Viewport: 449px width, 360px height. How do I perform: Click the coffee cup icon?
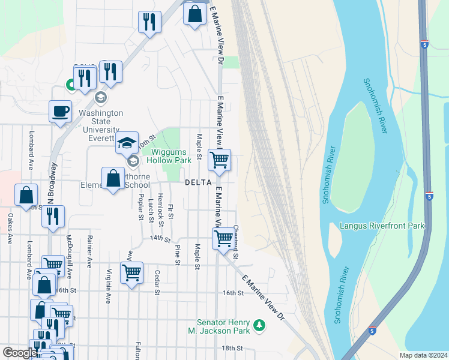click(x=60, y=112)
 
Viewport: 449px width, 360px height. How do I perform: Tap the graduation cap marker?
click(x=127, y=143)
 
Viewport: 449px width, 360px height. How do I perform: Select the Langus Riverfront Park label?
click(x=382, y=226)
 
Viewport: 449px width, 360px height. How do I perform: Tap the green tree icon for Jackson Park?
click(x=259, y=325)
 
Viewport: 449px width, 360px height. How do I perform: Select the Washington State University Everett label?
click(x=101, y=122)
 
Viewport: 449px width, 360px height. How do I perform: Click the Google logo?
click(x=19, y=353)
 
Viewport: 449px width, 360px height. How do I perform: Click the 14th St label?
click(x=157, y=238)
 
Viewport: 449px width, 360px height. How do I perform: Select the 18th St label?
click(x=231, y=348)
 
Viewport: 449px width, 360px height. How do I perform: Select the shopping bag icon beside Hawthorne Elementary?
click(x=113, y=178)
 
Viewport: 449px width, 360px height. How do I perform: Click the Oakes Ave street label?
click(x=10, y=228)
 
